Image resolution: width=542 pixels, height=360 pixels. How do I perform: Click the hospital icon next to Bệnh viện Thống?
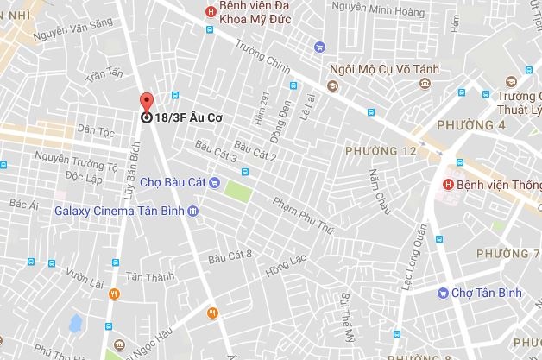click(447, 184)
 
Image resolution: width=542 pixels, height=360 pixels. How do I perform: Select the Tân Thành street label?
click(144, 277)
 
